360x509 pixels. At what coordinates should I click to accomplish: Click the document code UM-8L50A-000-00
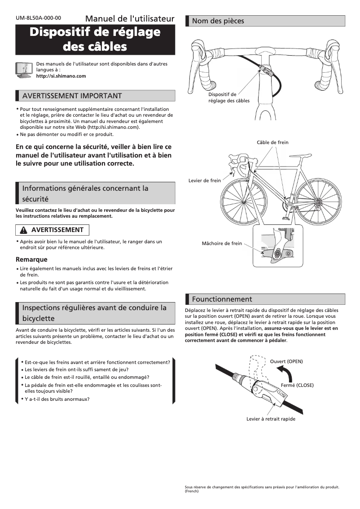(x=38, y=18)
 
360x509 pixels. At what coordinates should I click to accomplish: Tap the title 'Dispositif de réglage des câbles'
(x=95, y=39)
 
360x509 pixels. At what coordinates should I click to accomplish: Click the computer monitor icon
(x=23, y=70)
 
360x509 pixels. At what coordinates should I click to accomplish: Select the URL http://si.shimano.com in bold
(x=61, y=76)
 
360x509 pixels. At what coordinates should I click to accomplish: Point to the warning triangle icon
(x=23, y=230)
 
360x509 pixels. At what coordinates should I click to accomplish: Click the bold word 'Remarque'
(x=31, y=259)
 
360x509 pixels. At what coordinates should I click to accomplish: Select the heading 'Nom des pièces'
(x=218, y=21)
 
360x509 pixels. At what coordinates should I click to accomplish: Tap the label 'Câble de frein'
(x=272, y=142)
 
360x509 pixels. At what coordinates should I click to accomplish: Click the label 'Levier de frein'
(x=205, y=180)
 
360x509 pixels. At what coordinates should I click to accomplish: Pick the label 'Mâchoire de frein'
(x=222, y=243)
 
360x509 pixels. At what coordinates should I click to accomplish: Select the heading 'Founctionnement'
(x=222, y=299)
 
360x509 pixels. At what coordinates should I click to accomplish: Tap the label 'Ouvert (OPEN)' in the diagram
(x=286, y=361)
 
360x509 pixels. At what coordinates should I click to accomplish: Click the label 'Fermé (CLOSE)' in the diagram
(x=297, y=385)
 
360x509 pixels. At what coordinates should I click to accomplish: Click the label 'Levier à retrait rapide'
(x=271, y=419)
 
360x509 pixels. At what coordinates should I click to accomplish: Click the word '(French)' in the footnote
(x=192, y=491)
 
